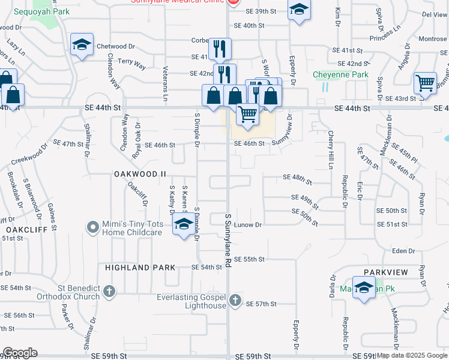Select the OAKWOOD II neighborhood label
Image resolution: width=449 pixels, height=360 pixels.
(x=140, y=173)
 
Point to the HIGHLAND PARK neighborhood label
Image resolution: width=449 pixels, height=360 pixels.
(x=140, y=268)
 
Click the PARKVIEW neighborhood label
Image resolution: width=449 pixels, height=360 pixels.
(x=385, y=272)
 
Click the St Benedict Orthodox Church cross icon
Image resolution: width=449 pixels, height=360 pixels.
(x=109, y=292)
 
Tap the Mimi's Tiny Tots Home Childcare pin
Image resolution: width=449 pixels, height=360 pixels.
(x=92, y=227)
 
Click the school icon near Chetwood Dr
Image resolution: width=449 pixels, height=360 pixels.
(x=80, y=45)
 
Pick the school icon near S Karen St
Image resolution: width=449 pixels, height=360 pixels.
(x=183, y=225)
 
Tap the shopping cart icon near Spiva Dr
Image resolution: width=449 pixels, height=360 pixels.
(x=424, y=83)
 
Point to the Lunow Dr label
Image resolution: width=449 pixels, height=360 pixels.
(x=251, y=225)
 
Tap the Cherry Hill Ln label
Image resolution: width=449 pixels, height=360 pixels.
(x=330, y=150)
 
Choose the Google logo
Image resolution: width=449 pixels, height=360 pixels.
(x=20, y=353)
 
